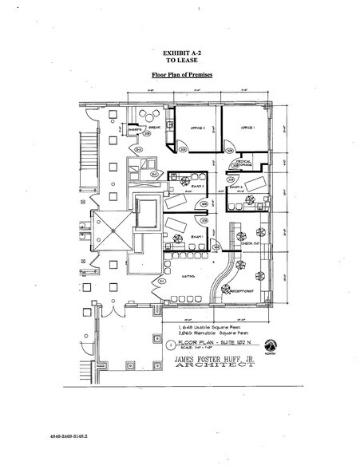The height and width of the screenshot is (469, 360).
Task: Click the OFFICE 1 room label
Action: tap(248, 128)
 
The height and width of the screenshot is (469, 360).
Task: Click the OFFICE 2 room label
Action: tap(198, 128)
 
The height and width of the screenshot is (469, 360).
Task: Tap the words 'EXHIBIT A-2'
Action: tap(180, 51)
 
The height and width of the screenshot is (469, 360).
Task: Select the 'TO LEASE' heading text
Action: tap(180, 58)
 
